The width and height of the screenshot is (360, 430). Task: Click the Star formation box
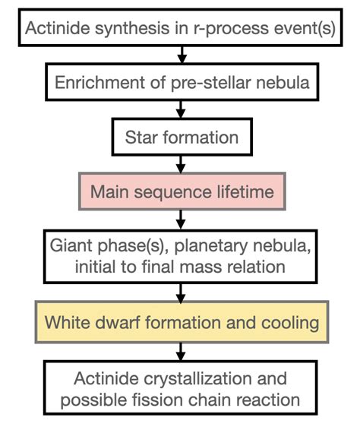coord(181,138)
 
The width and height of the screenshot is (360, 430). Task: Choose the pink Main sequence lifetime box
coord(181,191)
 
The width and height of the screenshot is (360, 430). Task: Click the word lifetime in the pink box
coord(241,191)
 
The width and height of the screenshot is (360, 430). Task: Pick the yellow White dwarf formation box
coord(181,322)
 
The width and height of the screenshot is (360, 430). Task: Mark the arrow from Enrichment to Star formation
coord(181,109)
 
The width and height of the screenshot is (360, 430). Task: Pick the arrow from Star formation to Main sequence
coord(181,164)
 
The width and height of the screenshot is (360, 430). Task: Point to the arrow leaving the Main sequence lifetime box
coord(181,219)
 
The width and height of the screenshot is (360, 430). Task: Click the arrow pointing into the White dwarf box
coord(181,294)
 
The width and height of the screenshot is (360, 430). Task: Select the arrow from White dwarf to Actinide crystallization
coord(181,350)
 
